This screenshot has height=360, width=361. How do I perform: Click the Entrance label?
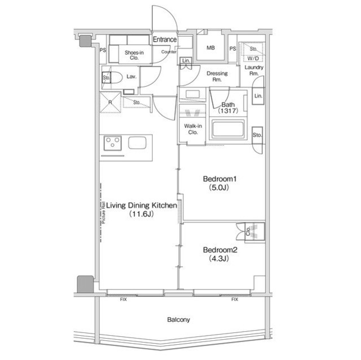(x=165, y=39)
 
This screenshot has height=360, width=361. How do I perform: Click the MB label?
(x=211, y=48)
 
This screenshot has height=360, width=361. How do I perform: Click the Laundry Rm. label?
(x=253, y=70)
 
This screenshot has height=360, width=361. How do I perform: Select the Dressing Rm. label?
(x=217, y=76)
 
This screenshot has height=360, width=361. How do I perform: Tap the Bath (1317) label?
(x=228, y=108)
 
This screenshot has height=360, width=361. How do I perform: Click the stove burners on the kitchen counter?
(x=113, y=143)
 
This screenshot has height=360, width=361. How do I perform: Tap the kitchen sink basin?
(x=137, y=143)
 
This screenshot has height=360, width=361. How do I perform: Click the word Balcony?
(x=179, y=319)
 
